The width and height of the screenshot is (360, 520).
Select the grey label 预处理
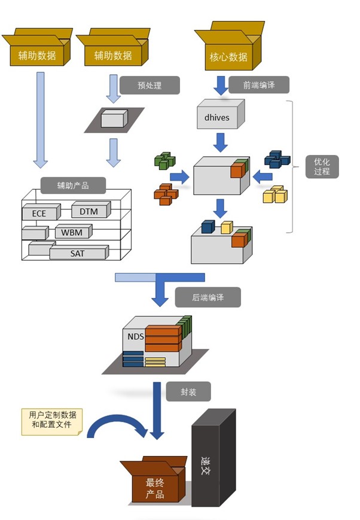pyautogui.click(x=150, y=84)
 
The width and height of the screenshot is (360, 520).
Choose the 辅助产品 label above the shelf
pyautogui.click(x=73, y=186)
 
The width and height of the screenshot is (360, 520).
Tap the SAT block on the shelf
pyautogui.click(x=78, y=253)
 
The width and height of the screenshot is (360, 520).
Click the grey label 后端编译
pyautogui.click(x=208, y=297)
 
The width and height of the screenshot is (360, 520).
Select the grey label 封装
pyautogui.click(x=188, y=393)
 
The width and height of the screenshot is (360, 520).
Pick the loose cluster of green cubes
pyautogui.click(x=164, y=160)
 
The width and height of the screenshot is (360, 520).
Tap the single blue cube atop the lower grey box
pyautogui.click(x=208, y=226)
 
